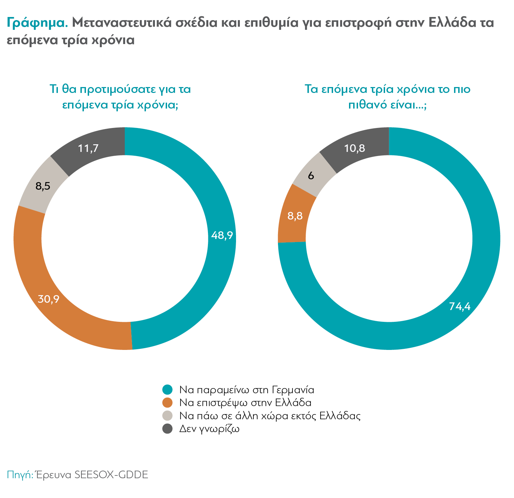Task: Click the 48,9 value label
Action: [222, 235]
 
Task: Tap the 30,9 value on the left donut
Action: [49, 299]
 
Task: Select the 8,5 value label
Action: [43, 186]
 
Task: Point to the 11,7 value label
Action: [88, 148]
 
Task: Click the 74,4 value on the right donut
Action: [460, 306]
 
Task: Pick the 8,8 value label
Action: [295, 216]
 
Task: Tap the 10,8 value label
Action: [355, 148]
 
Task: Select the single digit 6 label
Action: [311, 176]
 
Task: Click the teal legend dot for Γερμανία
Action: [167, 389]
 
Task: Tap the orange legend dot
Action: [167, 403]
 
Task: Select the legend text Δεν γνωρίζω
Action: [209, 429]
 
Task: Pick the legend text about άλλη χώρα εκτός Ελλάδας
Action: [270, 415]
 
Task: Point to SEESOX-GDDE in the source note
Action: [111, 474]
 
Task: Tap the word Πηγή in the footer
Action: [19, 475]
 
